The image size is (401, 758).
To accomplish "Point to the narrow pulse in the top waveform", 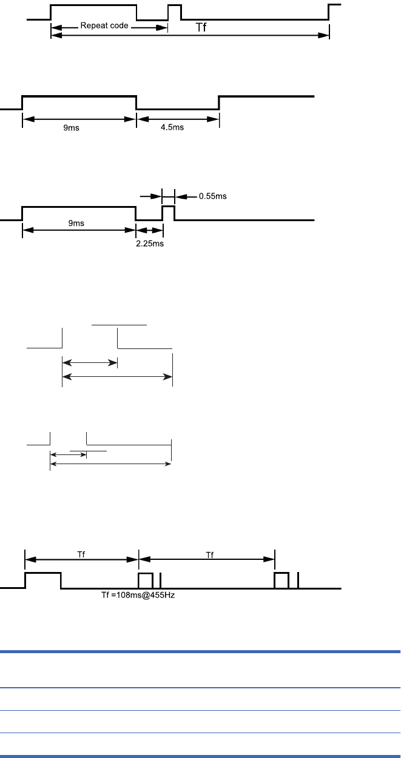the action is tap(175, 12).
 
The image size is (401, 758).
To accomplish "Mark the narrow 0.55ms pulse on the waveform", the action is tap(168, 212).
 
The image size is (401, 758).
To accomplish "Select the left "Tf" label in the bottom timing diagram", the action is tap(81, 554).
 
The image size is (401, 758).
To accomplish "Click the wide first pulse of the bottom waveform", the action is tap(42, 580).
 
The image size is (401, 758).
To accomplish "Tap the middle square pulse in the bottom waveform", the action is tap(146, 580).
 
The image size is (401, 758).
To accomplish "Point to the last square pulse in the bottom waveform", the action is tap(281, 580).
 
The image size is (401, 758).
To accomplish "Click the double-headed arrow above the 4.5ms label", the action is tap(177, 119).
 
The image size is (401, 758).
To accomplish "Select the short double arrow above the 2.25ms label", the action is tap(149, 231).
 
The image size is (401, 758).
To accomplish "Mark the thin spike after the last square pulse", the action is tap(298, 580).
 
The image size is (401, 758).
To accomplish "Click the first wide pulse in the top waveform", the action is tap(93, 12).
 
